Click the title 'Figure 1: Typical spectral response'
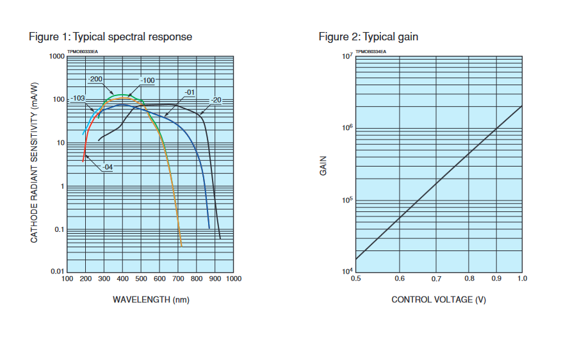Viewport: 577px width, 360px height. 110,37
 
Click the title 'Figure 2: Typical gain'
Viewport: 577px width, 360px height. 368,37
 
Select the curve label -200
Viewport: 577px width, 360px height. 95,79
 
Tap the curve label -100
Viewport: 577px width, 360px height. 147,80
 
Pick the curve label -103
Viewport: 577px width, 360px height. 77,98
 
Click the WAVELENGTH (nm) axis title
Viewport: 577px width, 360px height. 151,299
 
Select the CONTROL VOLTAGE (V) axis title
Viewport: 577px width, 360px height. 439,299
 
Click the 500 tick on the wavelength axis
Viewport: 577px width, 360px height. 141,279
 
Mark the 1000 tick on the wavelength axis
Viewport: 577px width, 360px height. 233,279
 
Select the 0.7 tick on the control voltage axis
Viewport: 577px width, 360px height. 437,279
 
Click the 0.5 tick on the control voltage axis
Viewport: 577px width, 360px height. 355,279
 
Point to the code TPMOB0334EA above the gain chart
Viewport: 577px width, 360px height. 371,51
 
